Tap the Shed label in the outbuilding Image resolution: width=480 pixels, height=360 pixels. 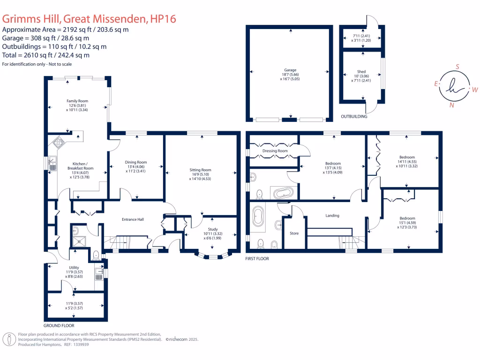coord(361,72)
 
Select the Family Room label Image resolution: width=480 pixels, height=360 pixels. coord(77,101)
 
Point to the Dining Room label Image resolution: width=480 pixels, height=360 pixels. coord(136,162)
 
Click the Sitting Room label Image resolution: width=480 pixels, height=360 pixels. coord(200,170)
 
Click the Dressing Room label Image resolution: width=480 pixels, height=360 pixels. coord(275,151)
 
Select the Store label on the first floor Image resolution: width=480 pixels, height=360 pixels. coord(294,233)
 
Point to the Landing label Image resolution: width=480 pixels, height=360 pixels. coord(332,216)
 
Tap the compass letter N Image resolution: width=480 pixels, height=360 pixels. coord(451,105)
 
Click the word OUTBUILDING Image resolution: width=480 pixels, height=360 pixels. coord(354,116)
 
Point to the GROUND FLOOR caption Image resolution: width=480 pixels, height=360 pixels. coord(59,325)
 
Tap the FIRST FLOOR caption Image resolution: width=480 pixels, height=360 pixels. coord(258,258)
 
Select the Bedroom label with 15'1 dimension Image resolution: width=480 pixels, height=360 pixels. coord(407,218)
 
